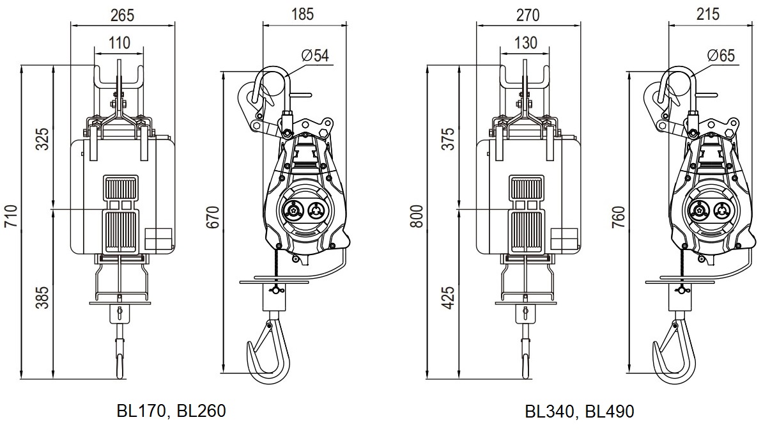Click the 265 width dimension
point(123,15)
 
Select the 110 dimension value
point(119,43)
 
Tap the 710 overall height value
point(11,216)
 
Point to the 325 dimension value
point(43,139)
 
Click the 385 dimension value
point(43,297)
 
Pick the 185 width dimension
point(302,15)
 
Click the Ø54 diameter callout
point(315,56)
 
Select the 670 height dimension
point(213,217)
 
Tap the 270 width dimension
point(528,15)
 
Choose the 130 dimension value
point(526,43)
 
